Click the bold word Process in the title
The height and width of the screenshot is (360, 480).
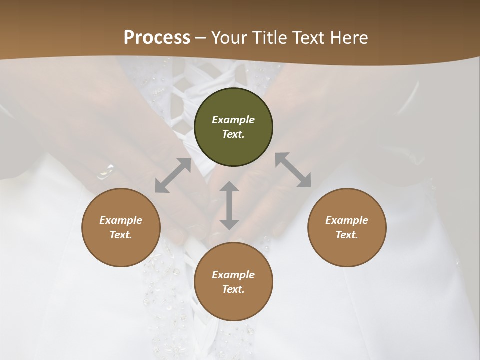[x=157, y=38]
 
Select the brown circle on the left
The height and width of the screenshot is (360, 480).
[x=121, y=250]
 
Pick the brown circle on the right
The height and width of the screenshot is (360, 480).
[x=347, y=250]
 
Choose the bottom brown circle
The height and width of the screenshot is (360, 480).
[x=233, y=305]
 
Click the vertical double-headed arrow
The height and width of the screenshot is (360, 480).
[x=229, y=205]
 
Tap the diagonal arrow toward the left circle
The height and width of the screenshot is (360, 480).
[x=173, y=175]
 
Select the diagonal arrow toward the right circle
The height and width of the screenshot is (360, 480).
[x=293, y=170]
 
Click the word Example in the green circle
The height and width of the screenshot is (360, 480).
[x=233, y=120]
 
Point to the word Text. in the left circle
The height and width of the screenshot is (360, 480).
[x=121, y=235]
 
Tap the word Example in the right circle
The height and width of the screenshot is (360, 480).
[x=347, y=220]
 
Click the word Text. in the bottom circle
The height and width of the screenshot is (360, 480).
[x=233, y=289]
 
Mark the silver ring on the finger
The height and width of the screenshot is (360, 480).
[x=105, y=171]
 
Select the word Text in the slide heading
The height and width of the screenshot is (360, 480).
[x=310, y=38]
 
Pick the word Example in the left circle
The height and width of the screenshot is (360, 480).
[x=121, y=220]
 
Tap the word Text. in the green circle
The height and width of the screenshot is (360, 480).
[x=233, y=134]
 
